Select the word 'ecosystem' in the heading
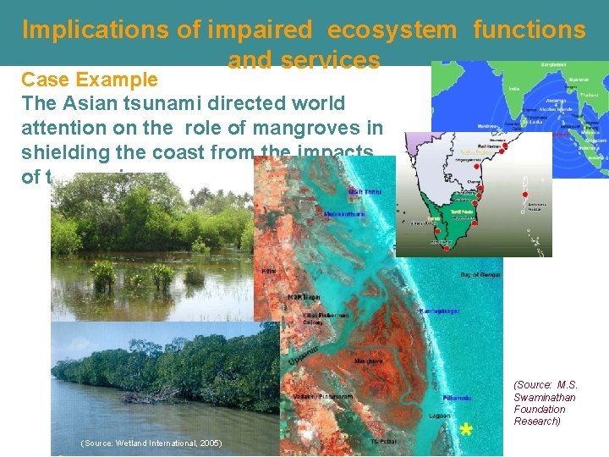coord(392,30)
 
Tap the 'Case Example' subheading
coord(90,80)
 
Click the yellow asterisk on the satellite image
coord(465,430)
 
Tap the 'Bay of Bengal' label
coord(480,275)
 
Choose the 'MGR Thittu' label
coord(365,192)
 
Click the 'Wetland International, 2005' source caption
coord(151,443)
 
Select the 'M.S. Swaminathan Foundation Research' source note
coord(545,403)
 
